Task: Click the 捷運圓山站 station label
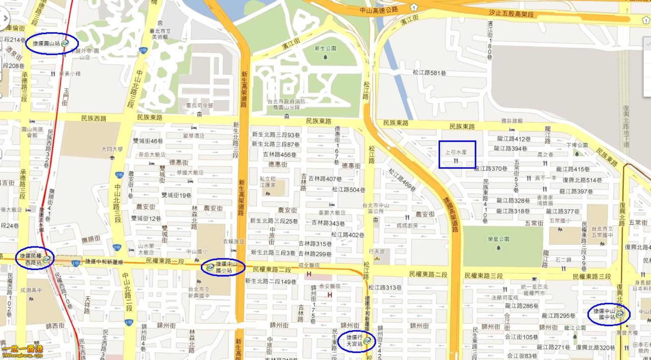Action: [x=46, y=43]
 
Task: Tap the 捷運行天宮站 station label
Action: [x=354, y=341]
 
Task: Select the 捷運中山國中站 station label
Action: [x=604, y=314]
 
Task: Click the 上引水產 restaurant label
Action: [x=456, y=152]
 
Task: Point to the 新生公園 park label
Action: [x=325, y=49]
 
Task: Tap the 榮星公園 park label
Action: [x=499, y=239]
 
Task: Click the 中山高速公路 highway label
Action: [x=379, y=10]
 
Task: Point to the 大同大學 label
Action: [x=112, y=149]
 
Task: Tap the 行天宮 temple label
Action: [x=377, y=252]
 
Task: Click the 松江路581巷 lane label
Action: [x=429, y=73]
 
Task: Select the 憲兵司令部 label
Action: [x=199, y=105]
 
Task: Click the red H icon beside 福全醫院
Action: [x=309, y=274]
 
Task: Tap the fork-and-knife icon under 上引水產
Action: [x=456, y=161]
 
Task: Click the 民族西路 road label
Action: [x=94, y=118]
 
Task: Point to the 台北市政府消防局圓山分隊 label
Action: [x=287, y=104]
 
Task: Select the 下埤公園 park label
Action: [x=577, y=145]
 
